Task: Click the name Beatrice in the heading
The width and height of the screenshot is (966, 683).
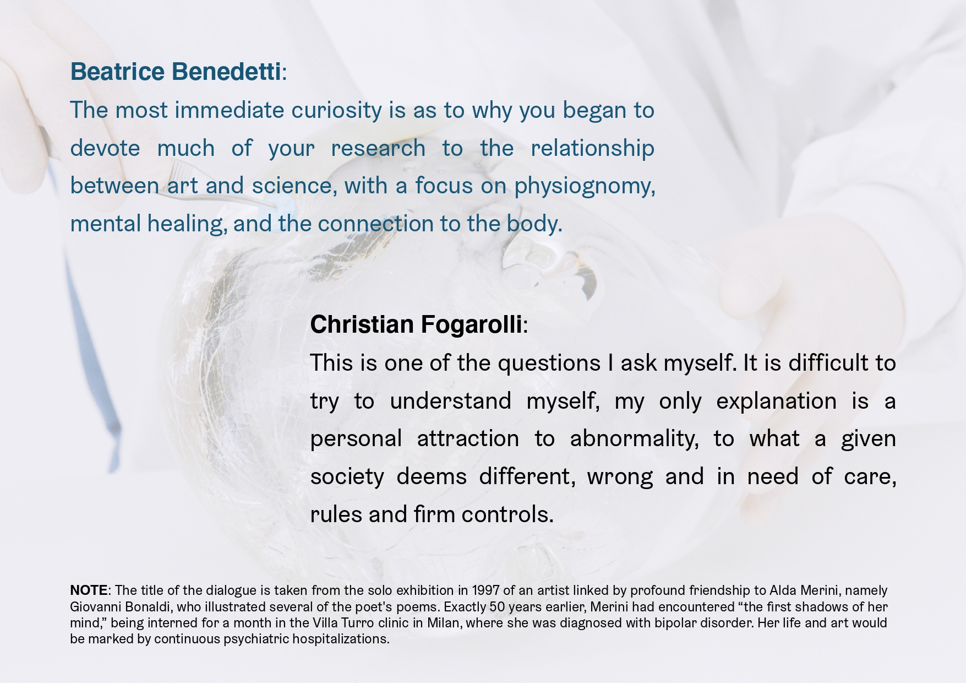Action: [x=117, y=72]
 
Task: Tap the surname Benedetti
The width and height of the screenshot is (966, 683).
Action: [x=226, y=72]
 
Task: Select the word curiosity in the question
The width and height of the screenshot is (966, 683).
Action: [x=336, y=111]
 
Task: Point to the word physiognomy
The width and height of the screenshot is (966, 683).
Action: [x=585, y=186]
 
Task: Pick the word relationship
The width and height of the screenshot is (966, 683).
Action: [x=592, y=148]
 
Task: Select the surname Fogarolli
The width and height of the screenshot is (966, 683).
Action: [x=472, y=325]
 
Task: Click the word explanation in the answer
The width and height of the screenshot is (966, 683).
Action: [x=776, y=401]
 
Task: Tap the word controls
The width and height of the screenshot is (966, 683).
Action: [x=507, y=514]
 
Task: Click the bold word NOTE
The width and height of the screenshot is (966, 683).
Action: [x=89, y=590]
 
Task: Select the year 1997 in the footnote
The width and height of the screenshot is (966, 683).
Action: [x=485, y=590]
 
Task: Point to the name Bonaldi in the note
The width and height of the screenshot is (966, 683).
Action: [x=144, y=607]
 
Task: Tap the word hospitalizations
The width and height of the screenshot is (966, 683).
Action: [x=341, y=639]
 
